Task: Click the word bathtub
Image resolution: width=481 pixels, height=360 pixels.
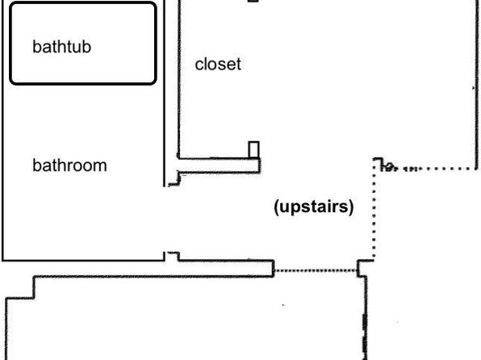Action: tap(61, 47)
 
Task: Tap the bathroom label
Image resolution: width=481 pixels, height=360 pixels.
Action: tap(69, 165)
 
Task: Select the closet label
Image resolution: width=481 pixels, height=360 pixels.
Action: tap(218, 64)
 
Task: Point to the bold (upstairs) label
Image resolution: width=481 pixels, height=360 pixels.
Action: tap(313, 207)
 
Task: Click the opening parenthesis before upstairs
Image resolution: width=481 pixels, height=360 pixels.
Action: tap(276, 207)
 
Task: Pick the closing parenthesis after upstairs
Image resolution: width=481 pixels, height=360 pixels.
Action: tap(351, 207)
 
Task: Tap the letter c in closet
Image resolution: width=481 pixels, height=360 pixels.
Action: tap(199, 65)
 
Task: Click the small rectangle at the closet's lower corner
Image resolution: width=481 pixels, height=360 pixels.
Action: tap(253, 150)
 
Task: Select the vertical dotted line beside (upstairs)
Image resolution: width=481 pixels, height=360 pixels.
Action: tap(374, 210)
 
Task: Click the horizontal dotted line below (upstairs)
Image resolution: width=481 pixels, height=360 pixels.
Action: tap(316, 270)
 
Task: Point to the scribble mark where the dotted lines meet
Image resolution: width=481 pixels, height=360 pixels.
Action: tap(388, 166)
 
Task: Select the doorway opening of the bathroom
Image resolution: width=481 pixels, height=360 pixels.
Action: tap(165, 219)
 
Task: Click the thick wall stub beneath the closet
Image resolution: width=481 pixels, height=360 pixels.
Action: tap(219, 165)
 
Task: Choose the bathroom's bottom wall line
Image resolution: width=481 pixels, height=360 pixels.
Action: tap(83, 261)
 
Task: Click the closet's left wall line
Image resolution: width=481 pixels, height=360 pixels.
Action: tap(179, 79)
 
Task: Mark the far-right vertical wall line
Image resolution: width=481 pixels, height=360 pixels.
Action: tap(476, 85)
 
